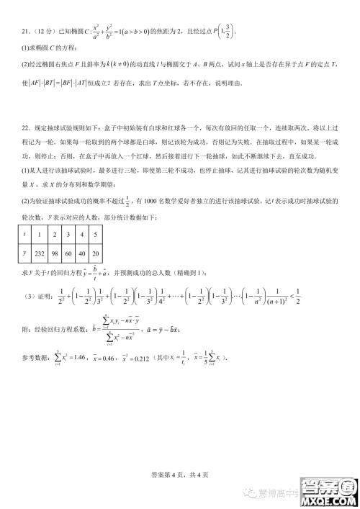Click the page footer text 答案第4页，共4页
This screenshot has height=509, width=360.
tap(179, 474)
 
